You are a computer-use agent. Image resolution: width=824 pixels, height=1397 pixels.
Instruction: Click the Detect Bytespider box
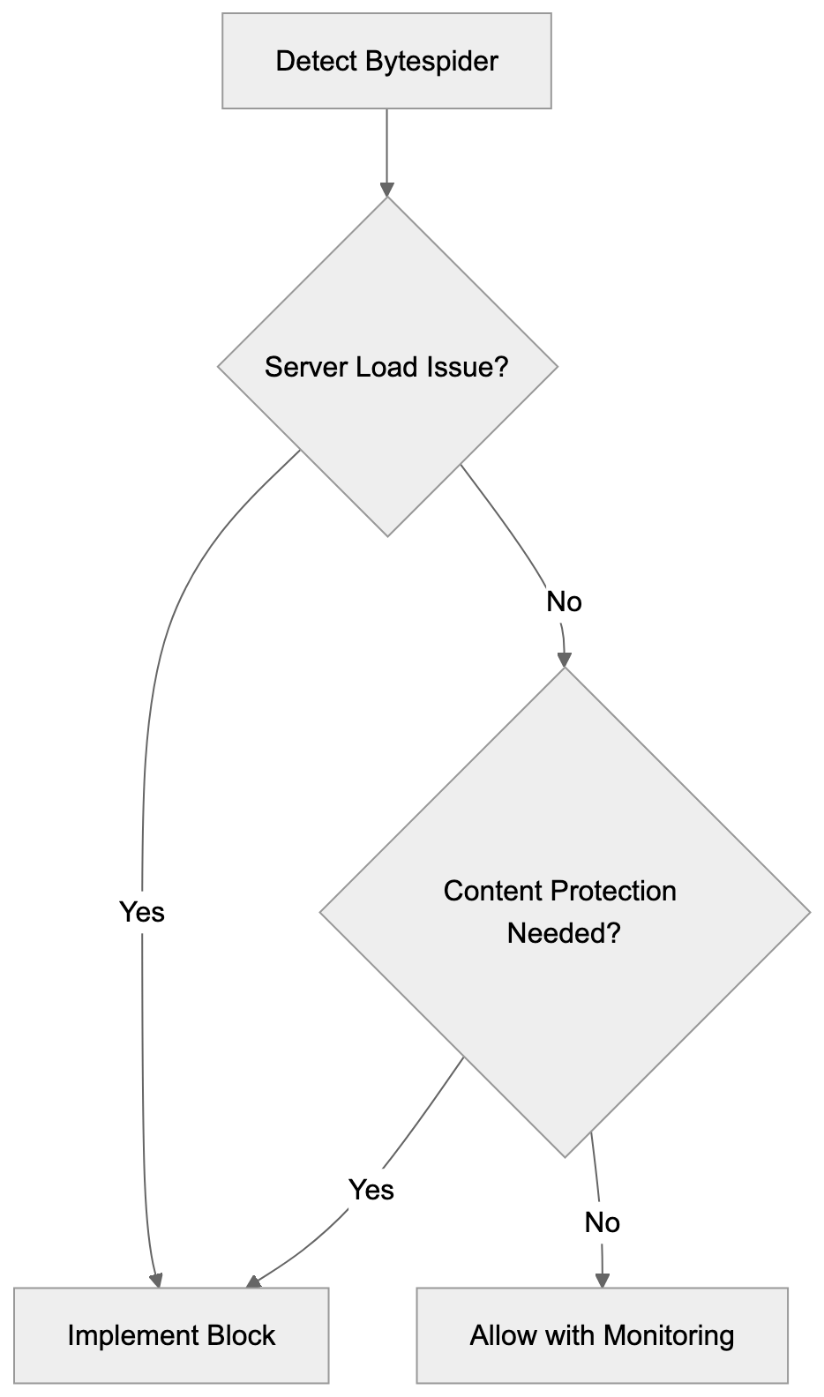tap(386, 61)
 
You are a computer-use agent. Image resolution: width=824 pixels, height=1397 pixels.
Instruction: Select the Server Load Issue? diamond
tap(387, 367)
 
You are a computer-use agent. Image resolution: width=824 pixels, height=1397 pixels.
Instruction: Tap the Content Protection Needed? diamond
tap(564, 912)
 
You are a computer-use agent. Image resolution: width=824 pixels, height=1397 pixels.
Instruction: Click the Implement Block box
tap(171, 1335)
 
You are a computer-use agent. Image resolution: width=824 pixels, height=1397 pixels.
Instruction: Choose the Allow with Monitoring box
tap(602, 1335)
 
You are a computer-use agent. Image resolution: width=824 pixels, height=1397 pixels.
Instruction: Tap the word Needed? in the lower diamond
tap(564, 933)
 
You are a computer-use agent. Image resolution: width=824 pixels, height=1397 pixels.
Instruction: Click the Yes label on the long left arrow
tap(142, 912)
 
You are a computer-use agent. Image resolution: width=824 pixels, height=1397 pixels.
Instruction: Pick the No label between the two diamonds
tap(564, 602)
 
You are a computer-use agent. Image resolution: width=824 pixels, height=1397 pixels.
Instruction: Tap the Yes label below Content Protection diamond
tap(371, 1190)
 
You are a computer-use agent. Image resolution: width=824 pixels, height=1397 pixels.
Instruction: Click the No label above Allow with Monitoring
tap(602, 1223)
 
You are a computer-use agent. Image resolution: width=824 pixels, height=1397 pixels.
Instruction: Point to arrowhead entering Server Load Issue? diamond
tap(386, 190)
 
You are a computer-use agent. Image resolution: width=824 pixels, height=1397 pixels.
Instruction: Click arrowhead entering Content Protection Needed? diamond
tap(565, 661)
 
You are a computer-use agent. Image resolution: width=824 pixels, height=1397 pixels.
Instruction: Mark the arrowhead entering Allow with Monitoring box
tap(602, 1280)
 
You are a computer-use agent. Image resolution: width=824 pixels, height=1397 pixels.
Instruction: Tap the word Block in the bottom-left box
tap(241, 1335)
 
